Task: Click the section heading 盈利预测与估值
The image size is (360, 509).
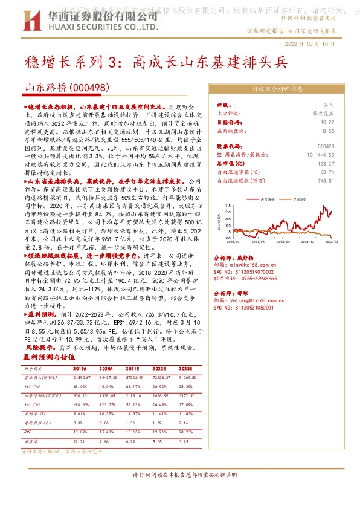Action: pos(46,357)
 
